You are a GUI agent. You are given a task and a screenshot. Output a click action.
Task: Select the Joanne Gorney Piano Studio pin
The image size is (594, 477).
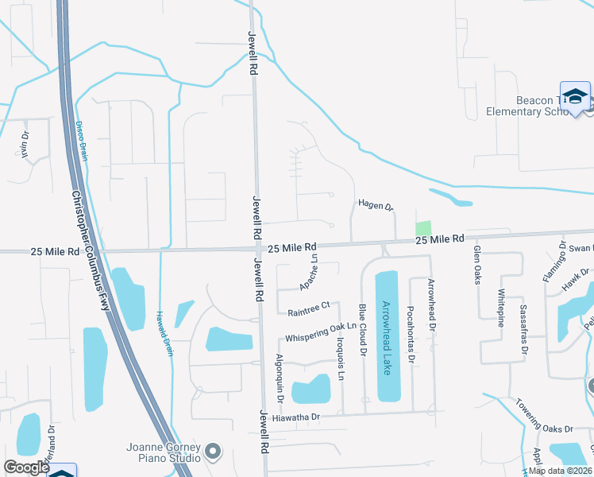(212, 452)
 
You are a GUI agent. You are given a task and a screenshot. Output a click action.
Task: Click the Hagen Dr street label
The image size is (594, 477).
(376, 207)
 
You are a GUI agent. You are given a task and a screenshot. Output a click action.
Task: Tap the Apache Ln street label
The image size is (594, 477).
(309, 271)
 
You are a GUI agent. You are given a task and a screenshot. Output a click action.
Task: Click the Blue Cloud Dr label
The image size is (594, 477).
(362, 329)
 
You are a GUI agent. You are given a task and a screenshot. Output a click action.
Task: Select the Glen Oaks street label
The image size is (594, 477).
(477, 265)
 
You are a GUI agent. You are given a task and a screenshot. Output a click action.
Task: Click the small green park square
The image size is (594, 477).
(424, 227)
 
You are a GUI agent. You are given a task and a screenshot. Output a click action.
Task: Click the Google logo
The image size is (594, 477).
(26, 467)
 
